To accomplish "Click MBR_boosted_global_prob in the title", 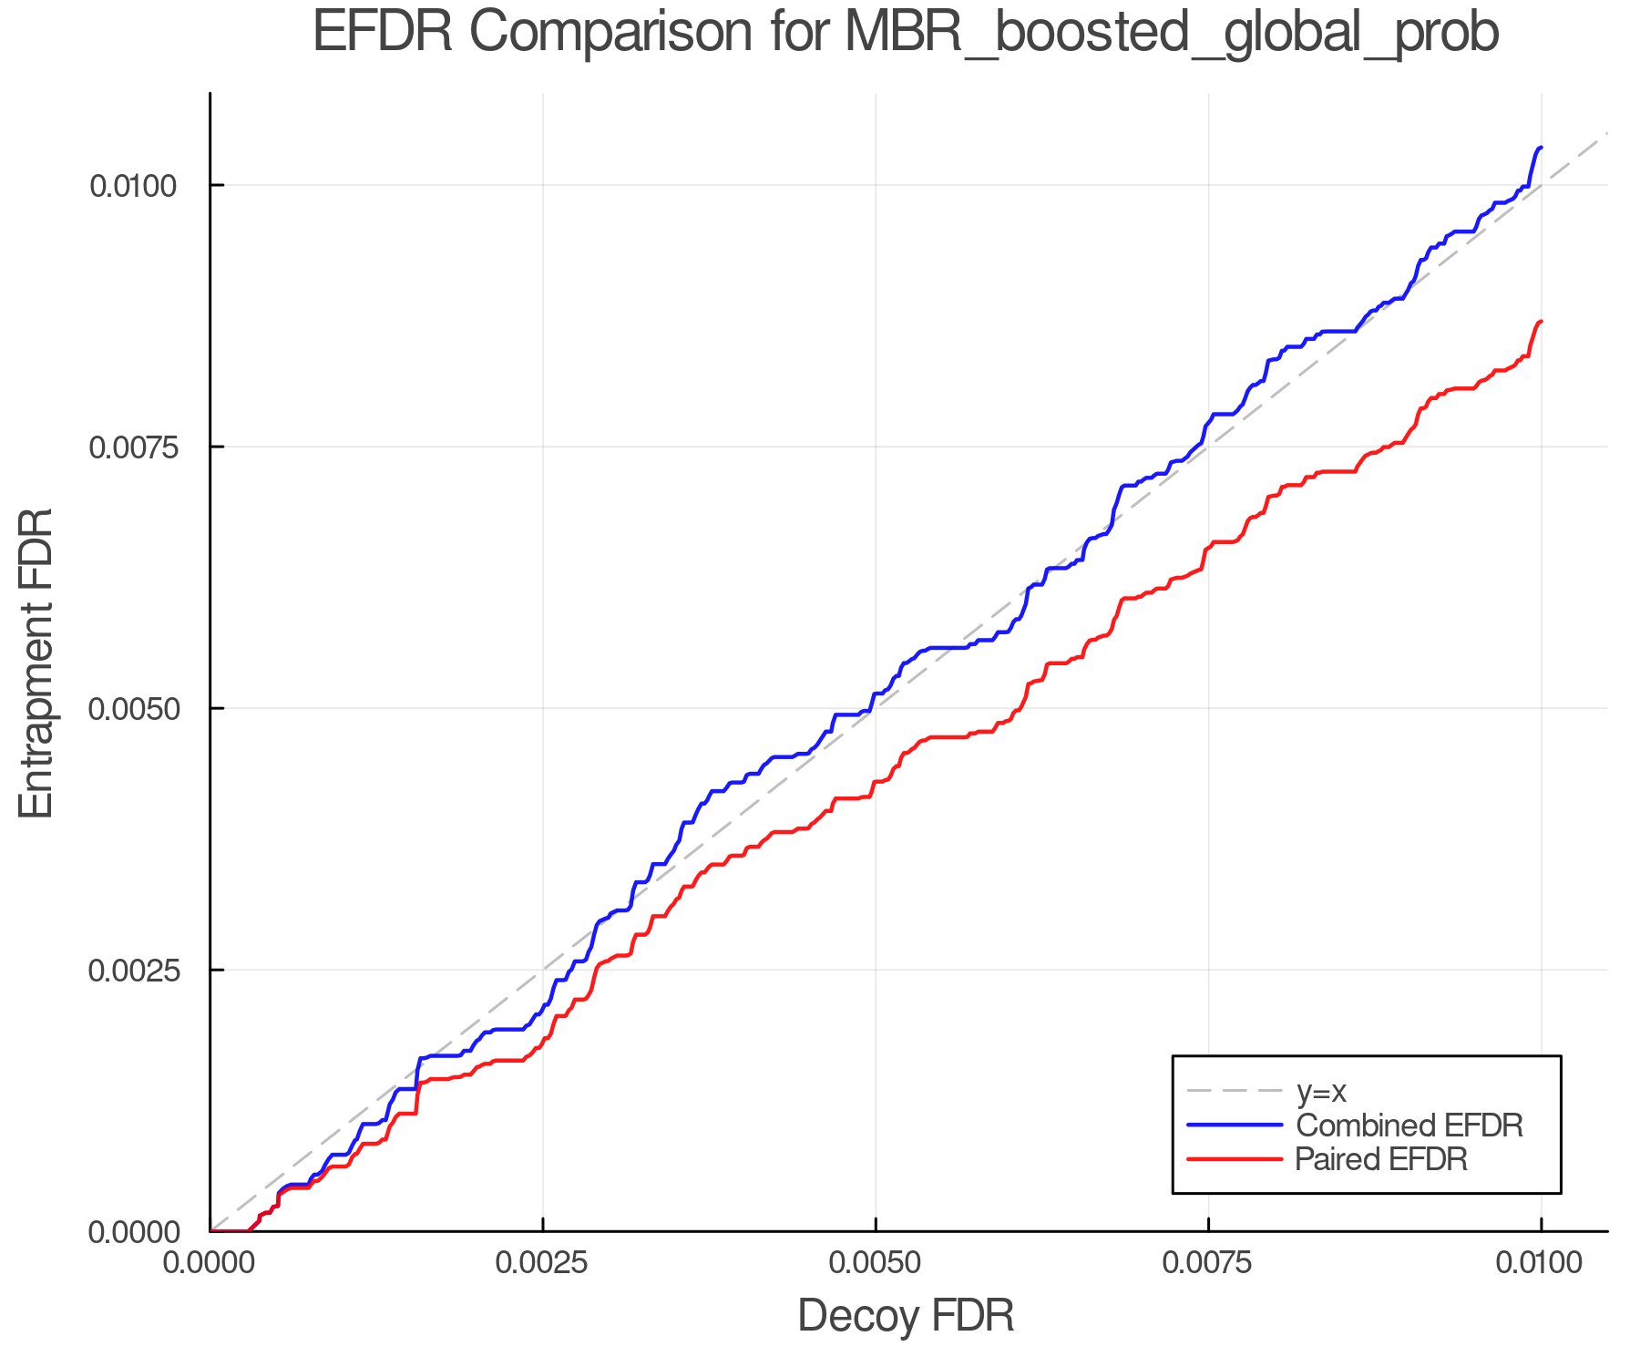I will coord(1172,35).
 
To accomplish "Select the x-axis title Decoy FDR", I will coord(906,1316).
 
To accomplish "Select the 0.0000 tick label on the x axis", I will coord(210,1263).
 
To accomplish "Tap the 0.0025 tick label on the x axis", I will coord(543,1263).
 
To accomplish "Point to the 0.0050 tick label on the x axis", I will coord(876,1263).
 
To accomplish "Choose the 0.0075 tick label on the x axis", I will coord(1208,1263).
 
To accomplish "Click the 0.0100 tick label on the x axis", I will coord(1541,1263).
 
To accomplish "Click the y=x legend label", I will coord(1321,1091).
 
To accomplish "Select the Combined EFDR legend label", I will coord(1409,1125).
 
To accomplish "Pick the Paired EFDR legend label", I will coord(1381,1159).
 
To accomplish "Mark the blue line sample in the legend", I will coord(1235,1125).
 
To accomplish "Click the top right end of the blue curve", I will coord(1540,148).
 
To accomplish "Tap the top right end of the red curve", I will coord(1540,322).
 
